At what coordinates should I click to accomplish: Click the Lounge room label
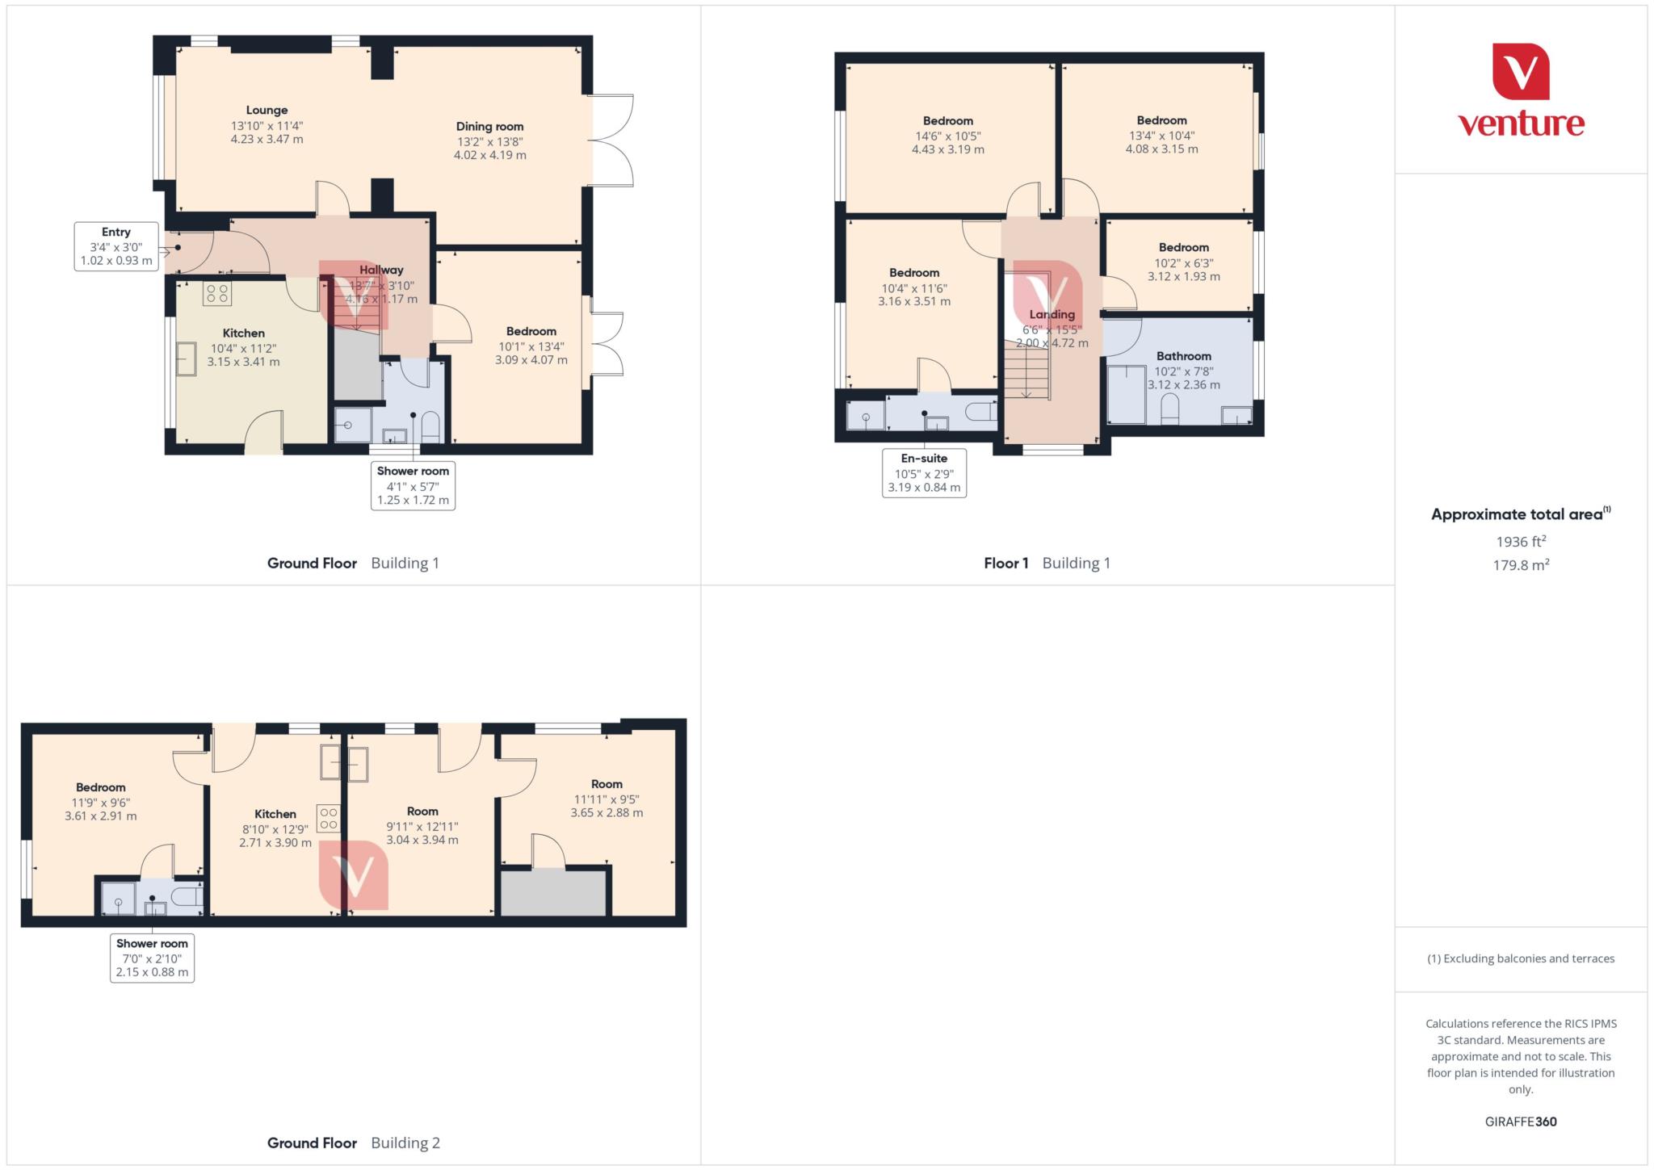pos(267,111)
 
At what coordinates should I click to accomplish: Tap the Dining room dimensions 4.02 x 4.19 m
pos(489,155)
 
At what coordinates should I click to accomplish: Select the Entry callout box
pos(116,246)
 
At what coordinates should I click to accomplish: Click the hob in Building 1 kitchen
pos(217,293)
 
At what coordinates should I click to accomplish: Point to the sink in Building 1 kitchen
pos(187,359)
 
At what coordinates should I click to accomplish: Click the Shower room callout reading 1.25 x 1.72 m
pos(413,485)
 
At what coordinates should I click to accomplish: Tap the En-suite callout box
pos(924,472)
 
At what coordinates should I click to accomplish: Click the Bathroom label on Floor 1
pos(1183,356)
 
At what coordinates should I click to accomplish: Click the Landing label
pos(1052,315)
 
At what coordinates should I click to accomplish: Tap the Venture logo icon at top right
pos(1520,71)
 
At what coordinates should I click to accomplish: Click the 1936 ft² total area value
pos(1521,542)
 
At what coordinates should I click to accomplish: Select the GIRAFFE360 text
pos(1520,1122)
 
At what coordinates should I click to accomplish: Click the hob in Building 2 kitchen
pos(329,818)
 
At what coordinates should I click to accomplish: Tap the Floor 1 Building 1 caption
pos(1047,564)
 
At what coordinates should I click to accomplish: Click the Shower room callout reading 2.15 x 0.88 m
pos(152,958)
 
